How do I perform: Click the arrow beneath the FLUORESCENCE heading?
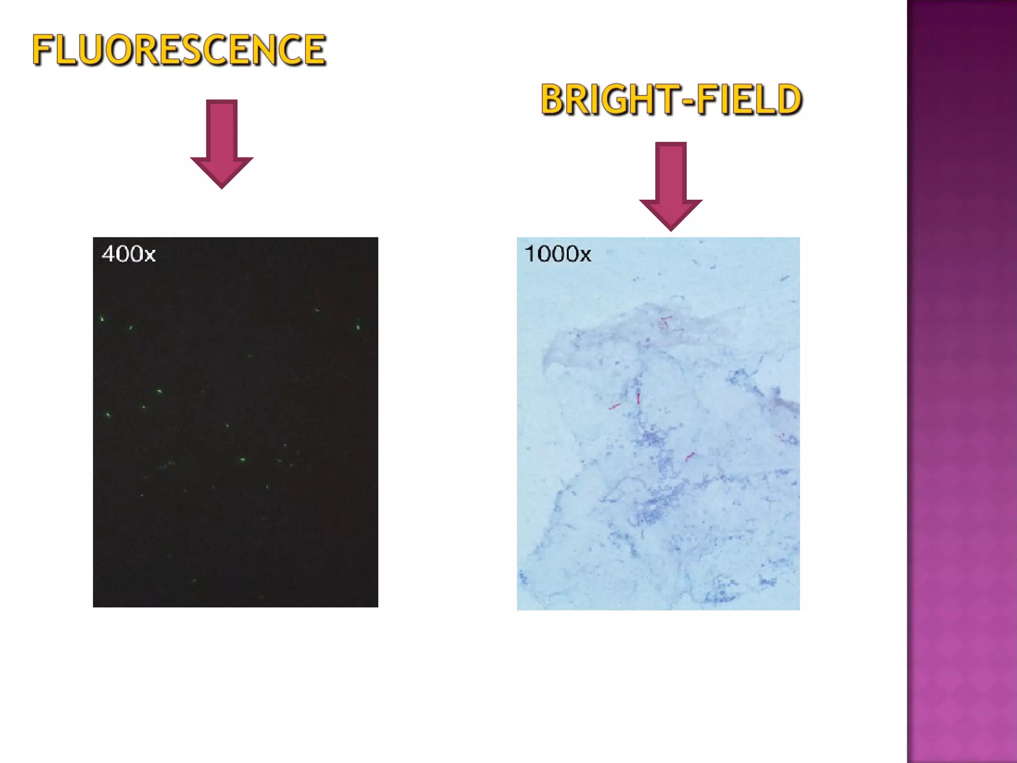point(221,144)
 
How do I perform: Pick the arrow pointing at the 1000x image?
point(670,186)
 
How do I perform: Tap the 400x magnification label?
point(129,254)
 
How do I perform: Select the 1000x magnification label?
point(558,254)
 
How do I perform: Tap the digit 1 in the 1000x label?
point(529,254)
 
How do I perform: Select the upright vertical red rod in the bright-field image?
point(638,398)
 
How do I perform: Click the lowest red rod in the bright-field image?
point(690,456)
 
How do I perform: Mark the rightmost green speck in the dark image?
point(358,327)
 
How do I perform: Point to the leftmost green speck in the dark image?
point(102,318)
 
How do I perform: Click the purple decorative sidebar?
point(961,381)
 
